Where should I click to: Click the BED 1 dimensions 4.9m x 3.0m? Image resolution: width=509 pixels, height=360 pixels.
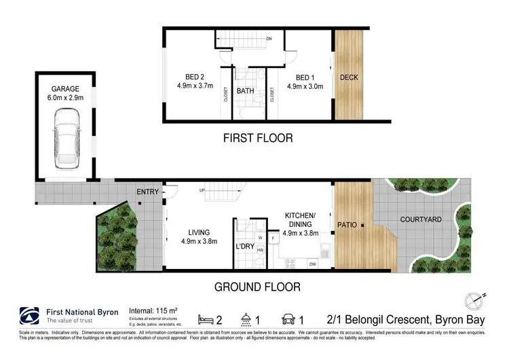(x=305, y=87)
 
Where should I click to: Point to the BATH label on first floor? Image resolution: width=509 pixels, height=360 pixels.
(x=245, y=90)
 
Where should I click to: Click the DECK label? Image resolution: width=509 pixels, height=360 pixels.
(x=349, y=77)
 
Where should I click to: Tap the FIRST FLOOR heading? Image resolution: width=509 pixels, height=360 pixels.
(x=258, y=138)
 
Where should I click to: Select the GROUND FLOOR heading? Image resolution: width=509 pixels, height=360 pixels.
(x=257, y=287)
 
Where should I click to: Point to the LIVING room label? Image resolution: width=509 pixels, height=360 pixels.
(x=200, y=232)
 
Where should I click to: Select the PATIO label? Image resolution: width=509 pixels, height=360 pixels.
(x=347, y=223)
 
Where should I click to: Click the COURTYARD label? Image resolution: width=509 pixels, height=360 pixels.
(x=421, y=219)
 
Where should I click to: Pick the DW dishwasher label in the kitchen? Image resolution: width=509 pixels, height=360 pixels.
(x=312, y=264)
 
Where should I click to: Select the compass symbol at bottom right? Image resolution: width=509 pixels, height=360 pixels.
(x=474, y=300)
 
